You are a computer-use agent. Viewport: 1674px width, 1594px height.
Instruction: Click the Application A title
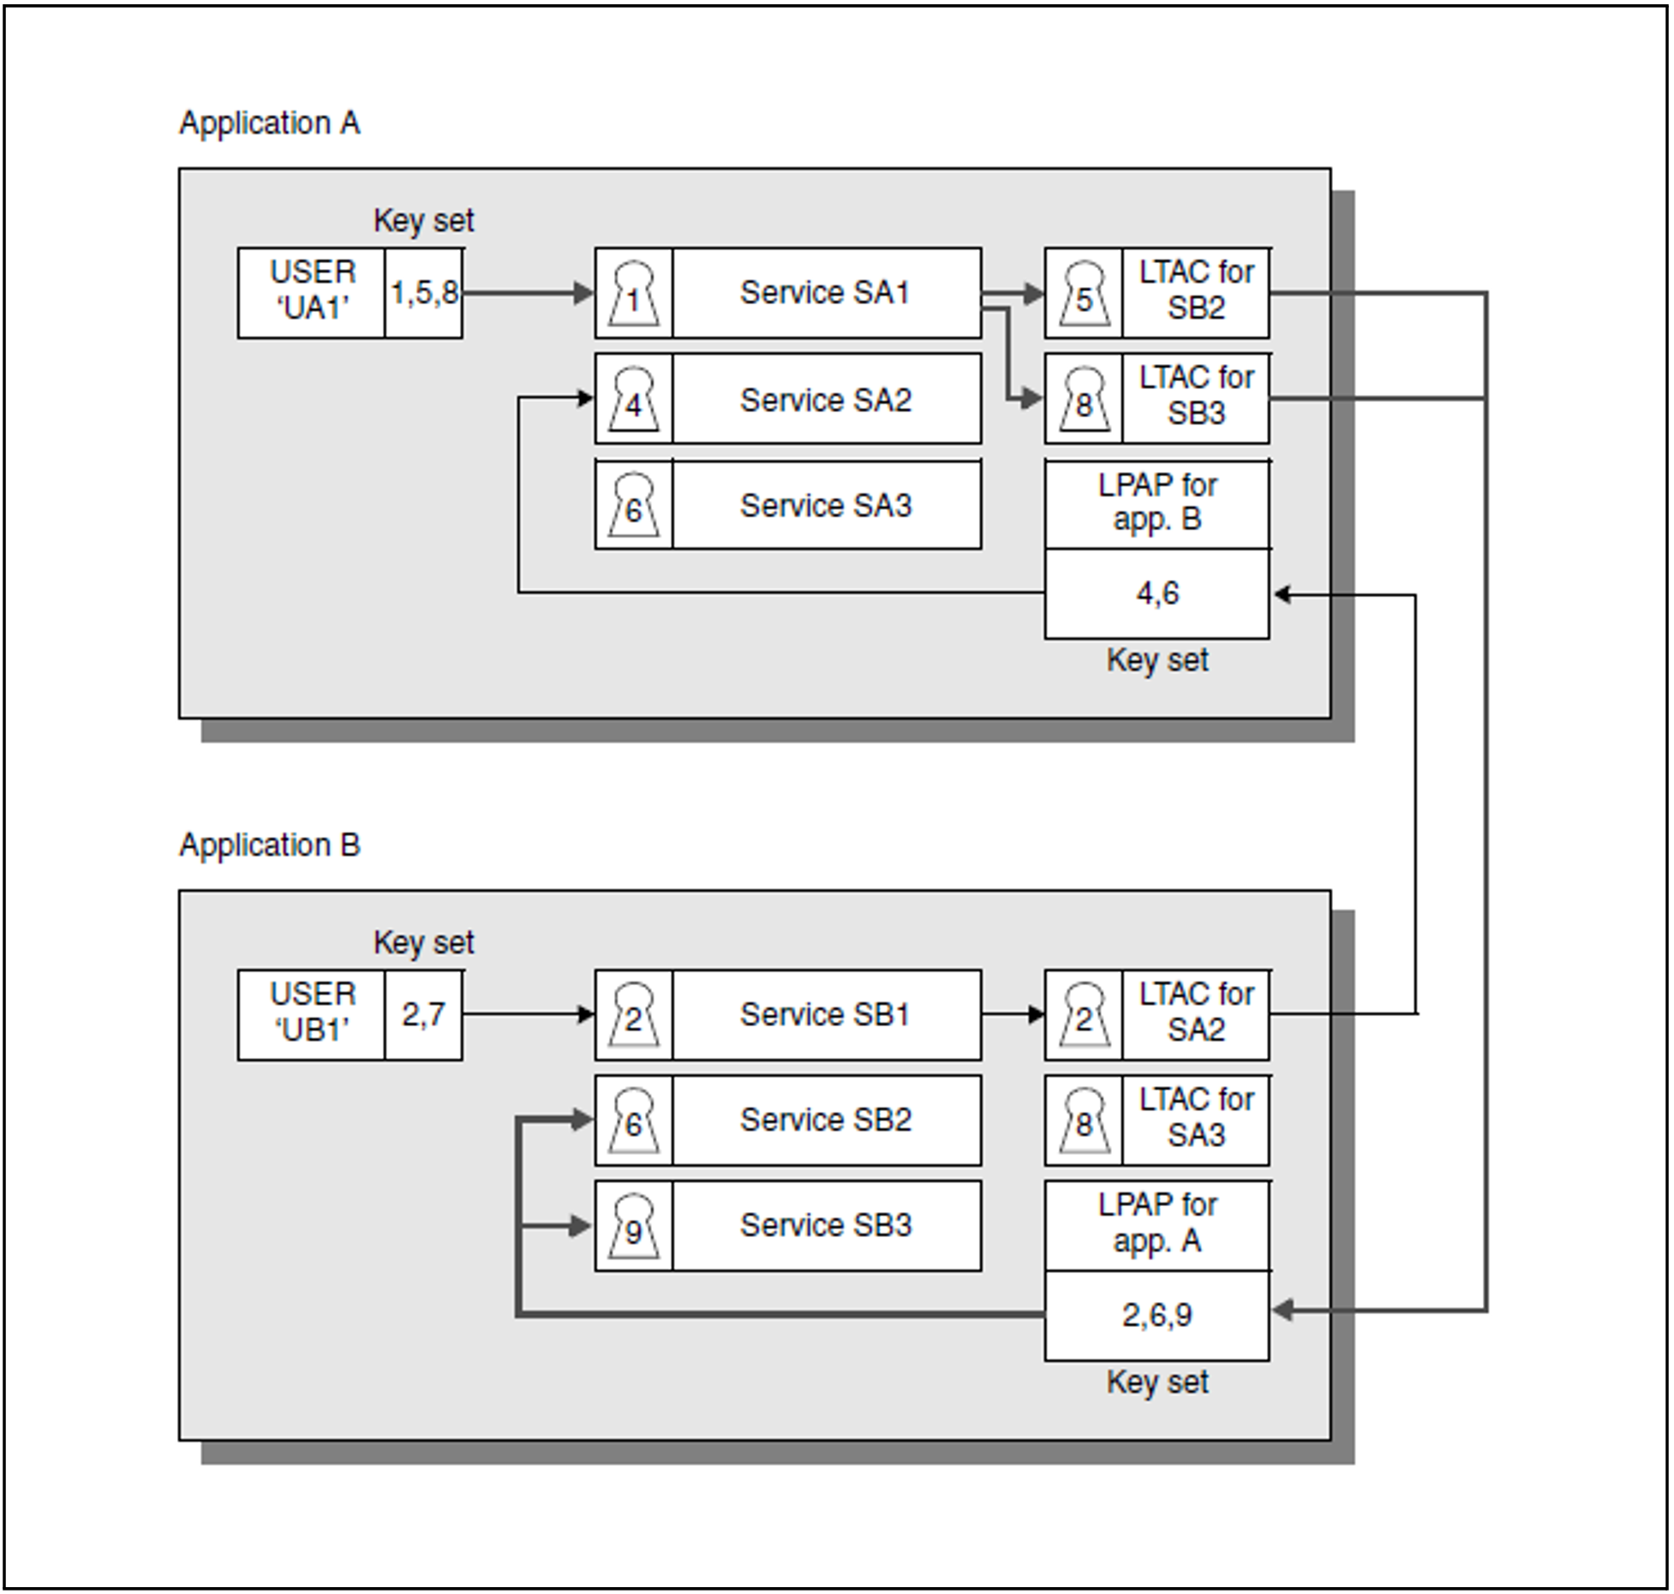tap(269, 123)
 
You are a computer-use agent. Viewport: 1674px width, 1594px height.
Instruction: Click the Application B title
tap(269, 845)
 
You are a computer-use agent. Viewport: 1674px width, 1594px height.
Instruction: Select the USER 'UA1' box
tap(312, 291)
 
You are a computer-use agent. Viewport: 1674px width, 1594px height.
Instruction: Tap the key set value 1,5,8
tap(424, 293)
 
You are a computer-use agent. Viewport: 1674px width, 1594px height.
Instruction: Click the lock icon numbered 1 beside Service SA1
tap(634, 294)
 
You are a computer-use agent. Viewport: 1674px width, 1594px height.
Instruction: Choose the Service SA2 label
tap(826, 400)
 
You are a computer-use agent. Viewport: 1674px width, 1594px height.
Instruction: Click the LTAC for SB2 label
tap(1196, 291)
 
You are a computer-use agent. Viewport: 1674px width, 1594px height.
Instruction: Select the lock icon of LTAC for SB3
tap(1084, 399)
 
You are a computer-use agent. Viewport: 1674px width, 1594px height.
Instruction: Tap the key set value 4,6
tap(1157, 593)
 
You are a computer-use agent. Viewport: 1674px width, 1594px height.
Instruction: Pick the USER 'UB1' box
tap(312, 1013)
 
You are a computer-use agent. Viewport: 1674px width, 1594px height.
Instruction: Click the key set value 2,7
tap(424, 1015)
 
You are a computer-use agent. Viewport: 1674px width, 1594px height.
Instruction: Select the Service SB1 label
tap(824, 1015)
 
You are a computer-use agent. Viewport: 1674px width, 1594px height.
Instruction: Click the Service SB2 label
tap(826, 1120)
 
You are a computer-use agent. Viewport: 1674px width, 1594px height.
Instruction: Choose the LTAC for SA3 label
tap(1196, 1119)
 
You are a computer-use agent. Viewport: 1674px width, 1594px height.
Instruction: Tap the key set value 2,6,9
tap(1157, 1315)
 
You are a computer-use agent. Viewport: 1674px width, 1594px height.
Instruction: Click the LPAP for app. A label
tap(1157, 1223)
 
